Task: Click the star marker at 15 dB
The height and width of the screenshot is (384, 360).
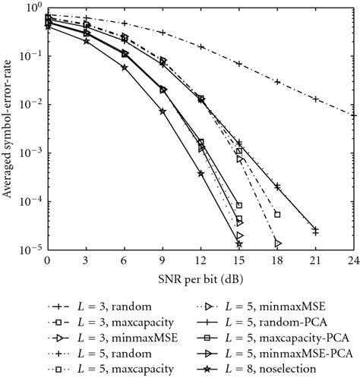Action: pyautogui.click(x=239, y=244)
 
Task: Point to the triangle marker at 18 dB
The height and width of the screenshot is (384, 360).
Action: pyautogui.click(x=278, y=244)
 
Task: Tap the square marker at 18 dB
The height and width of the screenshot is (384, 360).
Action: pyautogui.click(x=278, y=215)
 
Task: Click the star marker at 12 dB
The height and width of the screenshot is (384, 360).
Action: pyautogui.click(x=201, y=174)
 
